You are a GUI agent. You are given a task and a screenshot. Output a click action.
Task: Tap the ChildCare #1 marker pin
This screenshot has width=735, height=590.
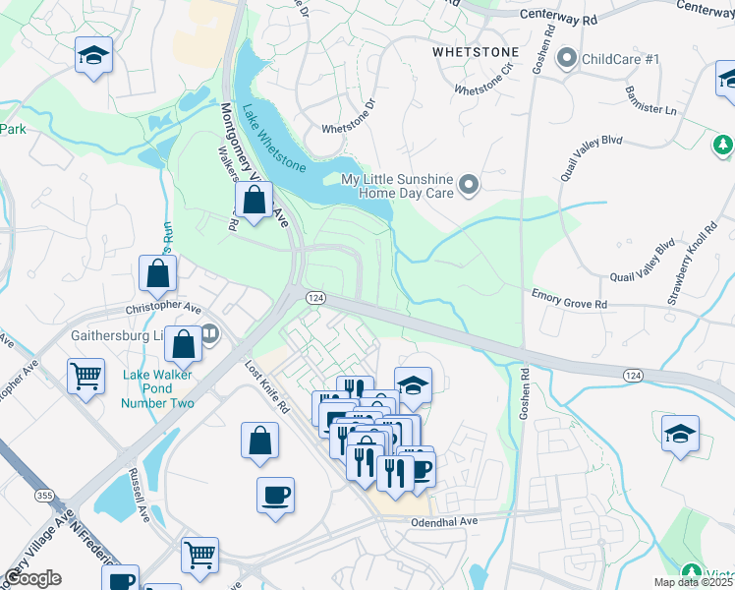click(565, 59)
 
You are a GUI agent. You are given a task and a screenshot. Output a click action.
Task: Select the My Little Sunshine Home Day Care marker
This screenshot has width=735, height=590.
click(469, 185)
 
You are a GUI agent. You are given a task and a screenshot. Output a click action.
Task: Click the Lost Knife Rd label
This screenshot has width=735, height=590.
click(267, 385)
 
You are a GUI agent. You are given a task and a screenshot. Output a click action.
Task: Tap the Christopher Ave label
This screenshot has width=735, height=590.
click(163, 308)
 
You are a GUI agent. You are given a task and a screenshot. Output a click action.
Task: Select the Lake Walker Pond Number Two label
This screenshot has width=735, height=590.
click(158, 388)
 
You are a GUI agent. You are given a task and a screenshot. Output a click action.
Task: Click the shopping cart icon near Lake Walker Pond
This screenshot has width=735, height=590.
click(86, 376)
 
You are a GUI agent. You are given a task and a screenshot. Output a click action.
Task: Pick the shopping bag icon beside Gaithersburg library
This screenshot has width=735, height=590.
click(184, 345)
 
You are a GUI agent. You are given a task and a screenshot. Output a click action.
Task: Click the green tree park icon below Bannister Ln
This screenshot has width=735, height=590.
click(723, 147)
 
